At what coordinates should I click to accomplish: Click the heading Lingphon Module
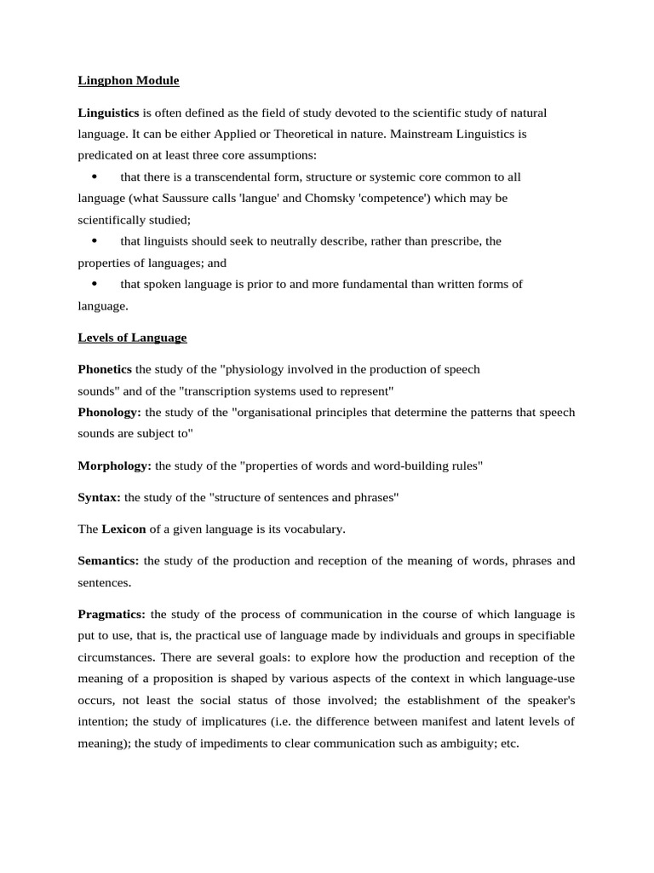(129, 81)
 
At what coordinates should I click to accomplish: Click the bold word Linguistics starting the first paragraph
(108, 113)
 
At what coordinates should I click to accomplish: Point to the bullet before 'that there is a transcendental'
(94, 176)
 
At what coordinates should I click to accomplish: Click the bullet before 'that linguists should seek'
(94, 240)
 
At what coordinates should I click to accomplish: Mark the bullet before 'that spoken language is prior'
(94, 284)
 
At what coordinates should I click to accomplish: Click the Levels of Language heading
(132, 338)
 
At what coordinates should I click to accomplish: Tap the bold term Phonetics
(105, 369)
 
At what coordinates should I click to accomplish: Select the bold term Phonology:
(110, 412)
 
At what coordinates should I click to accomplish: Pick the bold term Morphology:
(115, 465)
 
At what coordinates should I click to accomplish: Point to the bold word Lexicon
(124, 529)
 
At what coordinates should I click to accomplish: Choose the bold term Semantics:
(109, 561)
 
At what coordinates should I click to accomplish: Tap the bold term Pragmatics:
(112, 614)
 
